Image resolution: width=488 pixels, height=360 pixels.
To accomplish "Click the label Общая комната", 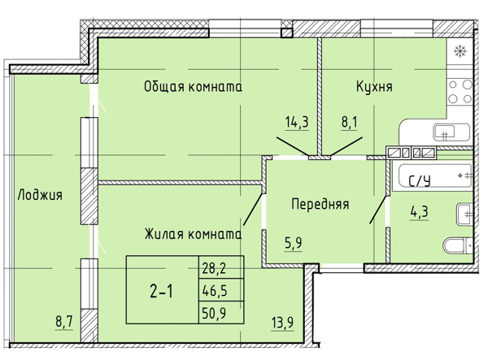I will click(x=193, y=86).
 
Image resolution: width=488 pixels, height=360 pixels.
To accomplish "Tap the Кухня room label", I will click(x=375, y=86).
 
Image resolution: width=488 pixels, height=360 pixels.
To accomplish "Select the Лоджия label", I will click(x=40, y=195).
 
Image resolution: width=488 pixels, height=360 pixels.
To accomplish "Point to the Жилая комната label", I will click(x=193, y=234).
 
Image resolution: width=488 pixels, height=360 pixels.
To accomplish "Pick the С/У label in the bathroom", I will click(x=419, y=181).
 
